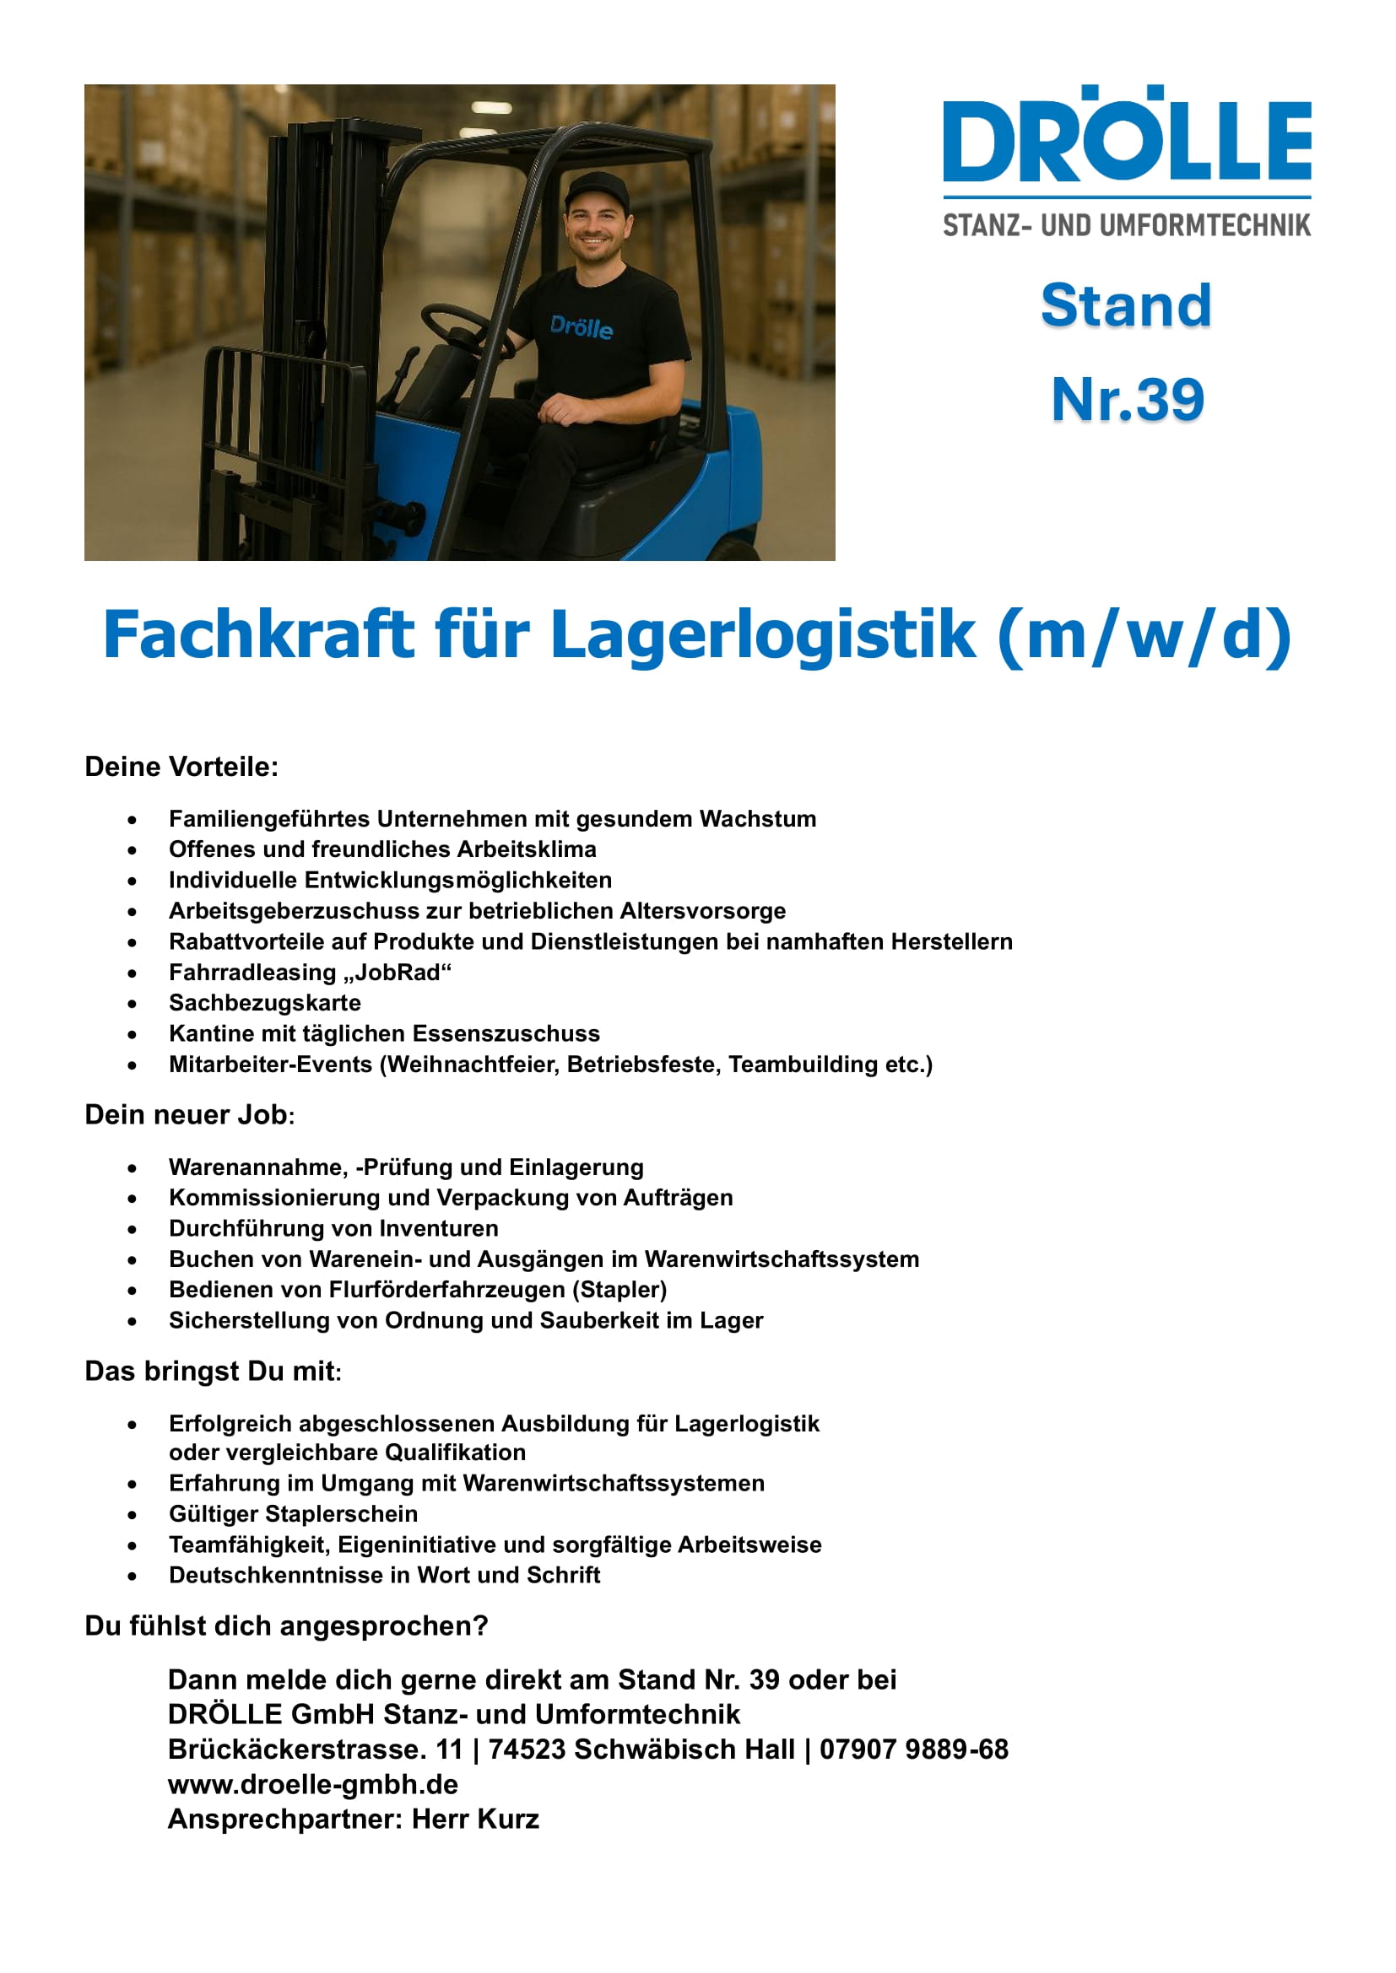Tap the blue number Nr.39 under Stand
1127,400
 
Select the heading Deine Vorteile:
181,767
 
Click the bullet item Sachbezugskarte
265,1003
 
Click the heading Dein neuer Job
189,1114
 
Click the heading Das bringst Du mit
213,1371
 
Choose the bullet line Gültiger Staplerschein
293,1513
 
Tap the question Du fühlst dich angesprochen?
286,1625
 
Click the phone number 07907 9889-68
913,1749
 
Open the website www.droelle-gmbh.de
313,1784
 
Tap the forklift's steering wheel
461,326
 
